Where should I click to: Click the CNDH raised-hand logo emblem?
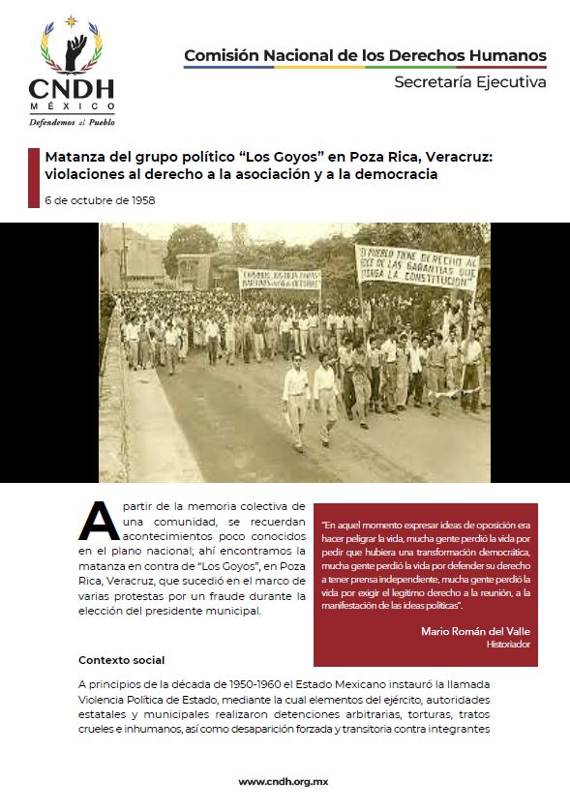pos(72,49)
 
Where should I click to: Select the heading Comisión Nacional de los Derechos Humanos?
pos(365,55)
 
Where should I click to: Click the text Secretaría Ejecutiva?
pos(469,82)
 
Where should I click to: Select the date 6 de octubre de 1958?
pos(100,200)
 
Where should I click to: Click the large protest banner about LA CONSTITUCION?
pos(416,267)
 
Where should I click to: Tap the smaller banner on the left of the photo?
pos(280,279)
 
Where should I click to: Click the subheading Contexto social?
pos(122,661)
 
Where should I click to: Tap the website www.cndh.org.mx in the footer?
pos(285,781)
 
